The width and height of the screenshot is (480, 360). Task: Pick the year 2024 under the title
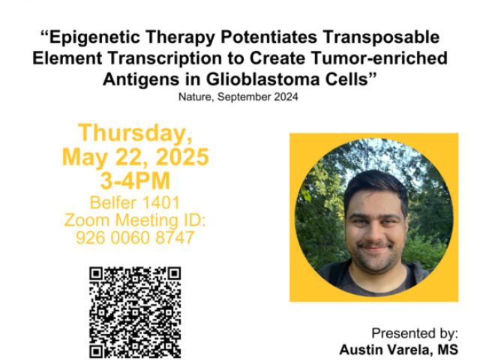pos(286,97)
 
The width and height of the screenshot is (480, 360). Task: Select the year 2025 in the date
pos(182,157)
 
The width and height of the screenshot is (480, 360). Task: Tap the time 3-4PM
pos(135,181)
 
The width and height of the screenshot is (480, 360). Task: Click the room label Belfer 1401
pos(135,202)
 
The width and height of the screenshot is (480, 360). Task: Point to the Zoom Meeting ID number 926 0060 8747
pos(135,238)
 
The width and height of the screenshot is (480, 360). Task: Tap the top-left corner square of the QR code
pos(96,274)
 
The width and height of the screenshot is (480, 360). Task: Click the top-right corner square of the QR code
pos(174,274)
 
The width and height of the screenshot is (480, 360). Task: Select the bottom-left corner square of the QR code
pos(96,352)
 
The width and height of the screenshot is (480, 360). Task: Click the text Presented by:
pos(415,333)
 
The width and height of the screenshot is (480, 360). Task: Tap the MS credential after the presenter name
pos(448,349)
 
